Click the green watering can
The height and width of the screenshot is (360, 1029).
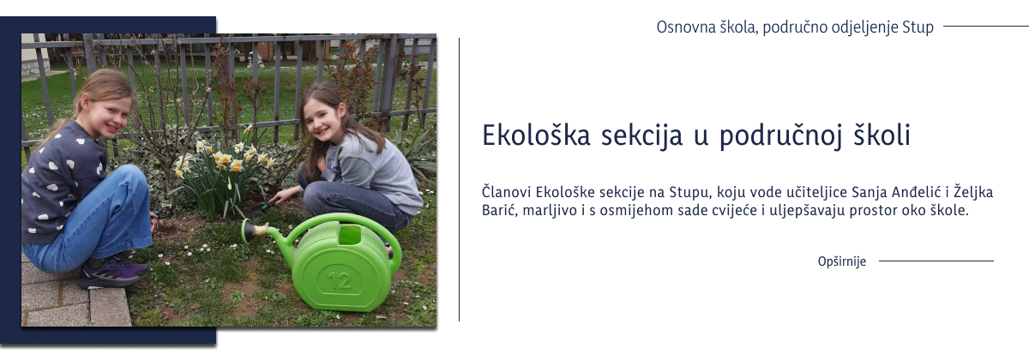(343, 261)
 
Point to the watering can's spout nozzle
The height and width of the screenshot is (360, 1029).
(249, 231)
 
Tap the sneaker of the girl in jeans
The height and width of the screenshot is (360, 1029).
(111, 273)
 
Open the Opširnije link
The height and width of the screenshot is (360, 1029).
(841, 261)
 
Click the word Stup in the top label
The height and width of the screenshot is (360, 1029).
(918, 27)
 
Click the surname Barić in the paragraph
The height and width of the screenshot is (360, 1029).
(499, 210)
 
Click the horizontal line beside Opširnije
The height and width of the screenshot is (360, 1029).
(936, 261)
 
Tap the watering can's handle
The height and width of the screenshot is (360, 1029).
(343, 225)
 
